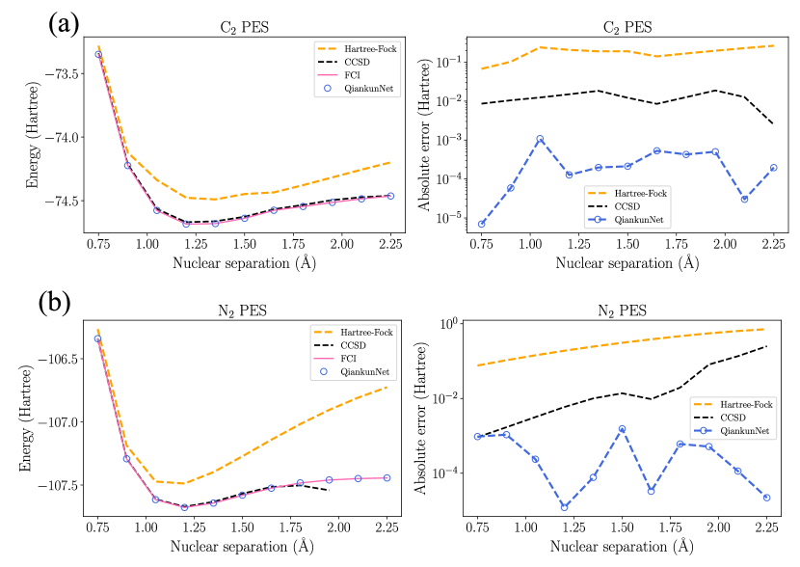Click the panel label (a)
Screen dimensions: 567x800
pyautogui.click(x=65, y=22)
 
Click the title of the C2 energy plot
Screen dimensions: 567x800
pyautogui.click(x=241, y=27)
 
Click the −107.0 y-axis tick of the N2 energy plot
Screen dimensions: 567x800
pyautogui.click(x=61, y=421)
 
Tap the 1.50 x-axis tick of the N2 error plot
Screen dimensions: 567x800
pyautogui.click(x=623, y=528)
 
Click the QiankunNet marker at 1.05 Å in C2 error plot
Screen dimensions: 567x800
pyautogui.click(x=540, y=139)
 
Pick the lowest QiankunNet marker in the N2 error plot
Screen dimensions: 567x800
pyautogui.click(x=565, y=507)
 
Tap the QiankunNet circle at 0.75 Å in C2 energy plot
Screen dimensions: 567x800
pyautogui.click(x=98, y=55)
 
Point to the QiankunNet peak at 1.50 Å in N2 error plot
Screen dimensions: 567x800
pyautogui.click(x=623, y=429)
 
